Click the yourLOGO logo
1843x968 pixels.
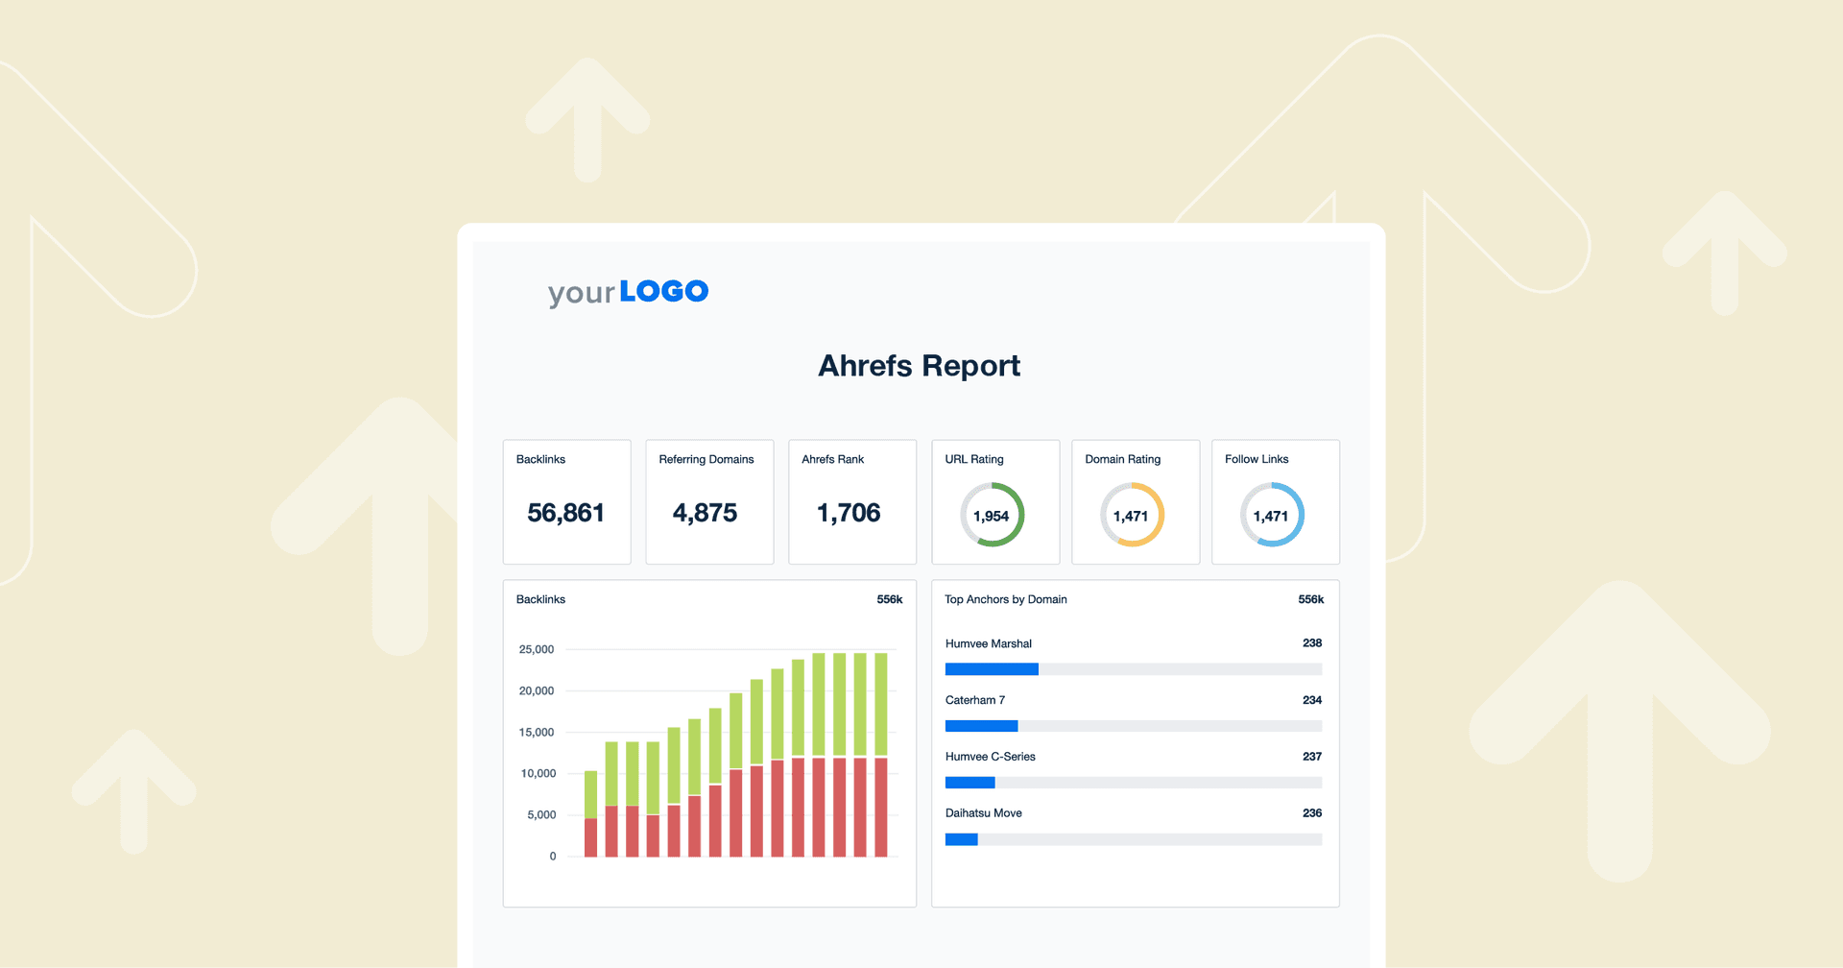[x=628, y=292]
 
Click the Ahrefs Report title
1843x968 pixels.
[x=919, y=366]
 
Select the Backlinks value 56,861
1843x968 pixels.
[x=565, y=513]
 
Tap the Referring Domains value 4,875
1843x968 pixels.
[x=705, y=513]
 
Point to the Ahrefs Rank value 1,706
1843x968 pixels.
[x=849, y=513]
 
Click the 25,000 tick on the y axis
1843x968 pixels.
[x=537, y=650]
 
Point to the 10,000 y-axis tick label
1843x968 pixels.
[x=538, y=774]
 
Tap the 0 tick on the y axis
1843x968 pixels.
[x=553, y=857]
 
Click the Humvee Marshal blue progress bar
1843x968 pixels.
[x=992, y=669]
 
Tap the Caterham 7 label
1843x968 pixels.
[x=974, y=700]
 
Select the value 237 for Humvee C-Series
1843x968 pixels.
[x=1311, y=757]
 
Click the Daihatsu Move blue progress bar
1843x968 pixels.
[x=961, y=839]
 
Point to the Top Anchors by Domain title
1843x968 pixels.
[x=1005, y=599]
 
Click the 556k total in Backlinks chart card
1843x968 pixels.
[x=889, y=599]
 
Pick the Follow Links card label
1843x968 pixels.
[x=1257, y=459]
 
